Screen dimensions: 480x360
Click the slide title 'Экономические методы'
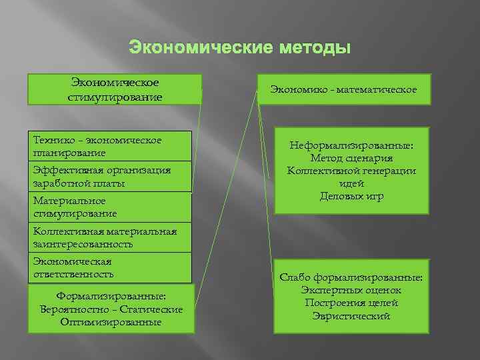pyautogui.click(x=239, y=48)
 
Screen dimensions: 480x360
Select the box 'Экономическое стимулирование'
pyautogui.click(x=115, y=89)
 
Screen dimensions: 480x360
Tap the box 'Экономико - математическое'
pyautogui.click(x=344, y=89)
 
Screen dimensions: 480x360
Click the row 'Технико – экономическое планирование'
pyautogui.click(x=109, y=146)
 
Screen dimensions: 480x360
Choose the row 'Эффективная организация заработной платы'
pyautogui.click(x=109, y=177)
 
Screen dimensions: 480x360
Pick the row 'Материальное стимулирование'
pyautogui.click(x=109, y=207)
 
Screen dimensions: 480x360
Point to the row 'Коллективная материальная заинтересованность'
pyautogui.click(x=109, y=237)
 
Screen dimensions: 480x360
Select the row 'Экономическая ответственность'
pyautogui.click(x=109, y=267)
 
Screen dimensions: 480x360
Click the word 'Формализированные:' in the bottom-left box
pyautogui.click(x=111, y=297)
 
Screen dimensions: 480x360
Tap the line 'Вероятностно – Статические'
pyautogui.click(x=111, y=309)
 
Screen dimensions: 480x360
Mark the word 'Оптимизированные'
pyautogui.click(x=111, y=322)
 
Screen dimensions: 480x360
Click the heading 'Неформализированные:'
pyautogui.click(x=351, y=145)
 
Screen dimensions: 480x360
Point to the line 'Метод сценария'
pyautogui.click(x=351, y=158)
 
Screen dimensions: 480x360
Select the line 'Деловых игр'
pyautogui.click(x=351, y=196)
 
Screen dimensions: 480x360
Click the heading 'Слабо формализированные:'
pyautogui.click(x=351, y=277)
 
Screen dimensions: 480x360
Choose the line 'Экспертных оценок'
pyautogui.click(x=351, y=290)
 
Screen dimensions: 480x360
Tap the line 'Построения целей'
pyautogui.click(x=351, y=303)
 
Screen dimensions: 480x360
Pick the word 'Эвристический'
pyautogui.click(x=351, y=315)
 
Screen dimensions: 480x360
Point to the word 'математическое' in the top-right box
pyautogui.click(x=376, y=89)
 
